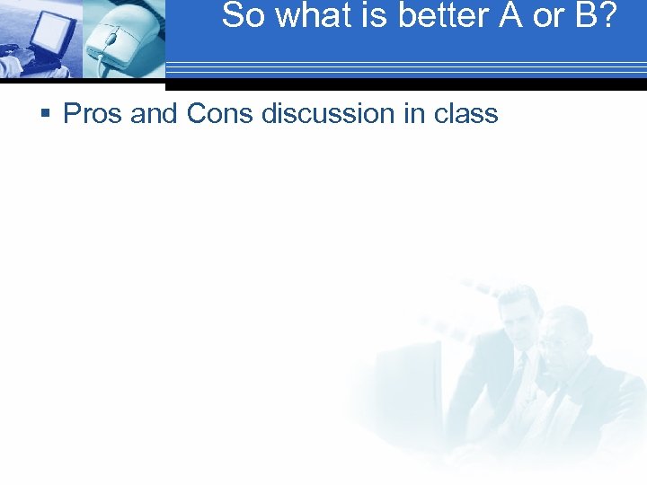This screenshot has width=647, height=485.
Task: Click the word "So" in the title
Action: pos(240,15)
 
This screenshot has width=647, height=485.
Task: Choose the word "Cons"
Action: pos(221,114)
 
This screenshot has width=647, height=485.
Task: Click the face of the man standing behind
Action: pos(519,314)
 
